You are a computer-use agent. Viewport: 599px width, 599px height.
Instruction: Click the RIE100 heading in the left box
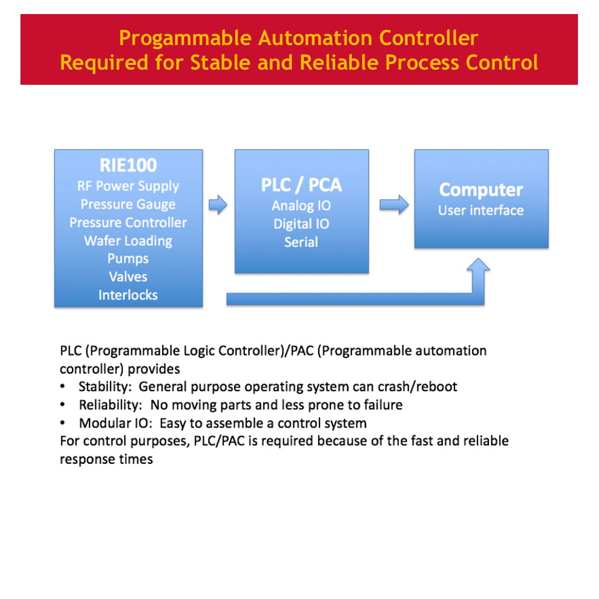coord(128,166)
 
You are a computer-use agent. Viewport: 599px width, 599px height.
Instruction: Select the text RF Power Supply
coord(128,187)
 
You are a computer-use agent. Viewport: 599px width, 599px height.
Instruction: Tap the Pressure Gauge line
coord(128,204)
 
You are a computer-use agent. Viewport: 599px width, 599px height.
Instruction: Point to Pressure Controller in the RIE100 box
coord(128,222)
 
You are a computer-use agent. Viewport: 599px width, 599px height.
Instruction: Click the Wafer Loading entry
coord(128,241)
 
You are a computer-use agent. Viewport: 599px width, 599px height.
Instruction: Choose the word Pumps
coord(128,259)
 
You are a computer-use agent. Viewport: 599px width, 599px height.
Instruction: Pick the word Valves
coord(128,277)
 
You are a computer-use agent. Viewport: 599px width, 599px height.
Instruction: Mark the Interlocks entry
coord(128,295)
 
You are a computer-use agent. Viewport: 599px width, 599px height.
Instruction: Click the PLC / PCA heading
coord(301,185)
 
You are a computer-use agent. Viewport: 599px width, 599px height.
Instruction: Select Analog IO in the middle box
coord(301,205)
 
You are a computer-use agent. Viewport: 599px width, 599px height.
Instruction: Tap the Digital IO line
coord(301,224)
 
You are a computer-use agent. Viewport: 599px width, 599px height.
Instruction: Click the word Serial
coord(301,242)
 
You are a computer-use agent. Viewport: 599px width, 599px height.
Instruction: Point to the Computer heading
coord(481,190)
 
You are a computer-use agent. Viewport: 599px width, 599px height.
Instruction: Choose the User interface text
coord(481,211)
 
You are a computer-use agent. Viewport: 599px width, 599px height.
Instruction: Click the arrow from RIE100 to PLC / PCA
coord(218,205)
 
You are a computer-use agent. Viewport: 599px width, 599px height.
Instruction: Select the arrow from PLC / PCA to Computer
coord(394,205)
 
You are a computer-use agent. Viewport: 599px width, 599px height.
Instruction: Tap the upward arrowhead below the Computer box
coord(478,265)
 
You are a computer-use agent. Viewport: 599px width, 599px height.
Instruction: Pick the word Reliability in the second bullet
coord(109,405)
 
